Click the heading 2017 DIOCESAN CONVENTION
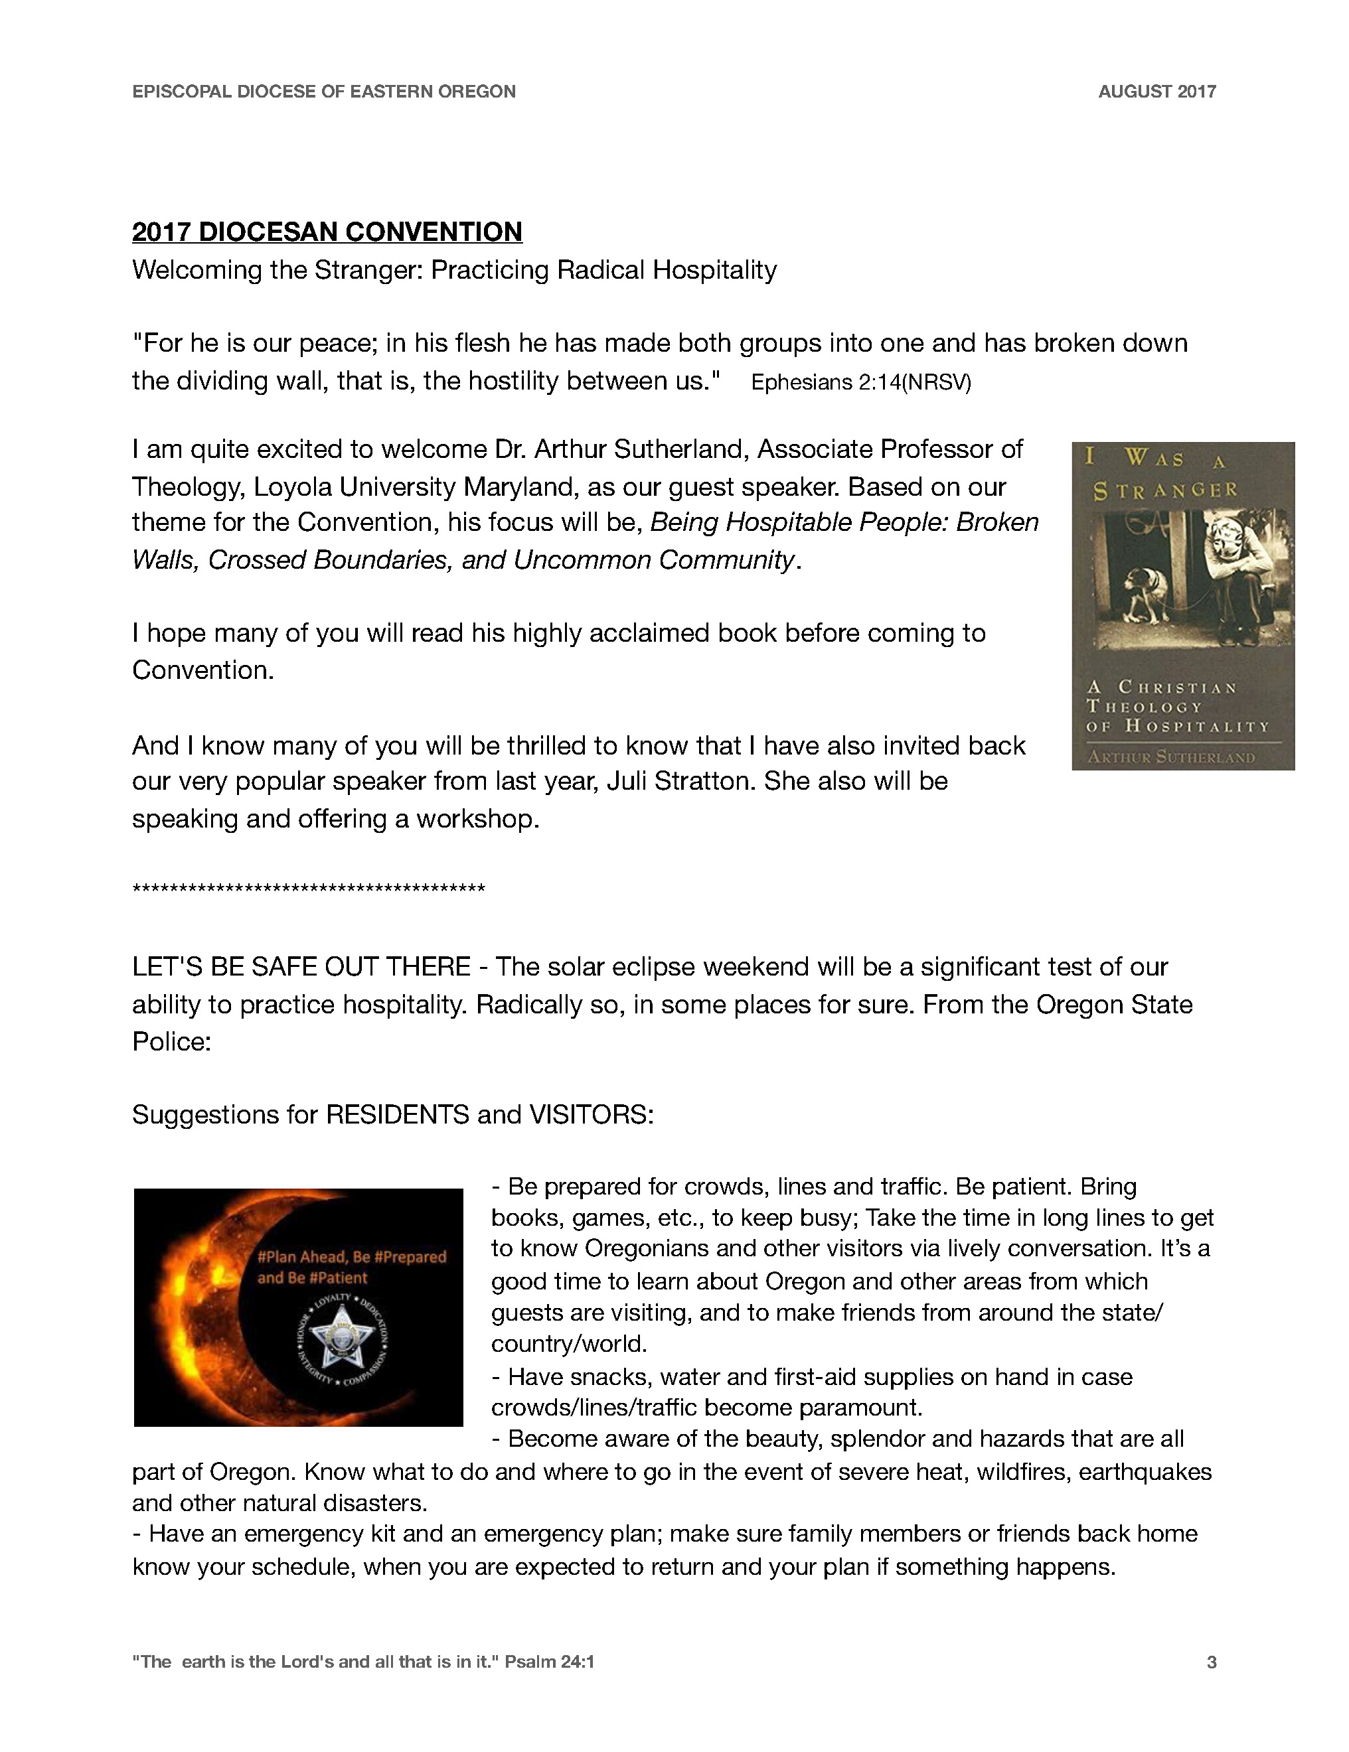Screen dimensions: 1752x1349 [x=327, y=232]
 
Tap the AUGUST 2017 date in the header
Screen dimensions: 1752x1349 [x=1156, y=92]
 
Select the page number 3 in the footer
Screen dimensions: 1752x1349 [x=1211, y=1661]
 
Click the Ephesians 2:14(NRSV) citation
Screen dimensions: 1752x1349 [x=860, y=383]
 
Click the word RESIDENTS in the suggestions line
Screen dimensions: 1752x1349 [x=397, y=1114]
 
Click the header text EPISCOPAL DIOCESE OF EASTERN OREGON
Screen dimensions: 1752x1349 [x=323, y=92]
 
